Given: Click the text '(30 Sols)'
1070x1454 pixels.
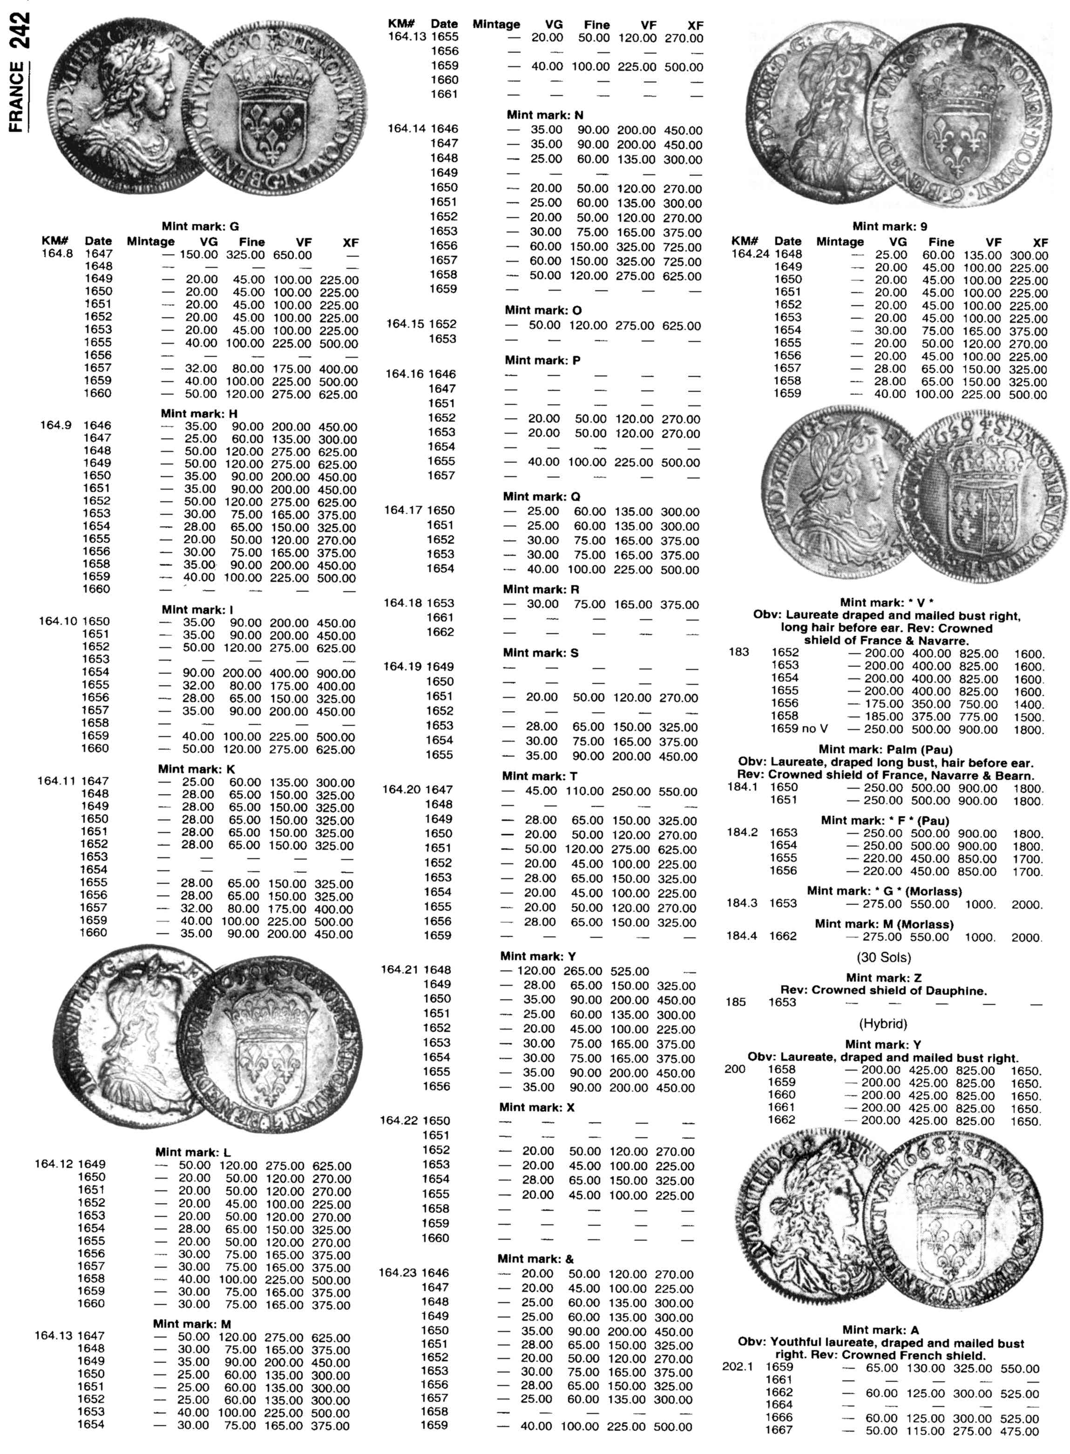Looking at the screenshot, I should (x=883, y=957).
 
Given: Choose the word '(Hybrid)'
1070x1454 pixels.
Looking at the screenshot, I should (x=883, y=1024).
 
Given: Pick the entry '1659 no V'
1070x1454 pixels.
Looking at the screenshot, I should (x=799, y=729).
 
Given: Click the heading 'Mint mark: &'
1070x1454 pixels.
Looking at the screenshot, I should (x=535, y=1258).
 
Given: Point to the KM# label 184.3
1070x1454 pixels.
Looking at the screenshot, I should (x=742, y=903).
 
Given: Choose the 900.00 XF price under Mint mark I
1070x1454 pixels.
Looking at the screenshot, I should (x=336, y=673).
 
